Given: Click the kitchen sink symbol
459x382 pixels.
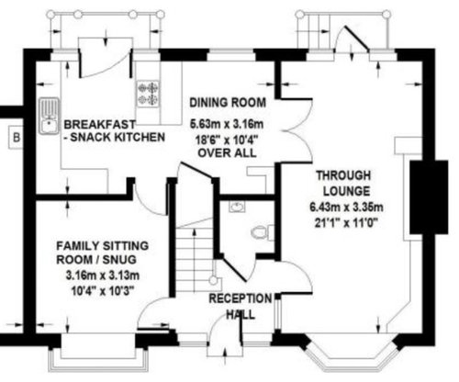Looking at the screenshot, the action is [x=49, y=116].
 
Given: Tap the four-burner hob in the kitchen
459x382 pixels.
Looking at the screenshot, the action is [x=149, y=94].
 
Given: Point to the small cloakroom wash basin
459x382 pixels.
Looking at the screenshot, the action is [x=237, y=207].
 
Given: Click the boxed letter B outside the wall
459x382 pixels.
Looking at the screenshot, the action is [x=16, y=138].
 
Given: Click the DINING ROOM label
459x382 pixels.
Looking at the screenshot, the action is [x=228, y=103].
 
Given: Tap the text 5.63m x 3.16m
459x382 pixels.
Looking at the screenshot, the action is [x=227, y=124].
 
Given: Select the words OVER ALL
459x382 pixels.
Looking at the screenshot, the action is [x=227, y=152].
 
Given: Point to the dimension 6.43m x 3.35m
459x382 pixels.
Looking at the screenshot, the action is [x=346, y=208].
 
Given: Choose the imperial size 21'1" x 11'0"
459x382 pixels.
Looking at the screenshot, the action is [x=346, y=223].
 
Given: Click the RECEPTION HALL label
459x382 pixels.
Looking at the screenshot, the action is [x=241, y=307].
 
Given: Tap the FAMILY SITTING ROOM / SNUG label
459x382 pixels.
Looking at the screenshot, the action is [x=103, y=253].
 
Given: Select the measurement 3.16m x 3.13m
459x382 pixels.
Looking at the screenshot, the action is [x=103, y=275].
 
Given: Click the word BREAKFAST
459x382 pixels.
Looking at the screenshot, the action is [x=100, y=125].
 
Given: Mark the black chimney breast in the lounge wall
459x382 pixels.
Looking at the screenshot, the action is [x=429, y=197].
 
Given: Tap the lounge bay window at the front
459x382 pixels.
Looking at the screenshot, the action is [x=352, y=352].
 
